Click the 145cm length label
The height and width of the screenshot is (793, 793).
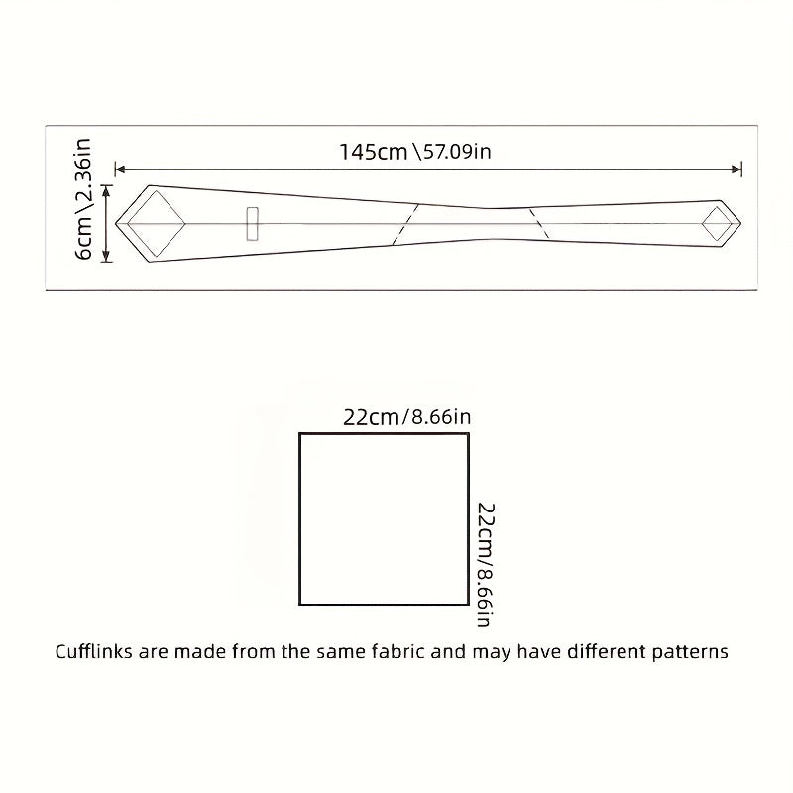(x=374, y=152)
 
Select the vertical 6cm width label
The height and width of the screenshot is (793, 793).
(x=83, y=238)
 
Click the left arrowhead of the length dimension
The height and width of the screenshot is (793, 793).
(x=120, y=170)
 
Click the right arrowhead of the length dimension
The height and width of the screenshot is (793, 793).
(x=736, y=170)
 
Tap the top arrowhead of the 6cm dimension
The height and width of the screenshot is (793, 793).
(x=106, y=190)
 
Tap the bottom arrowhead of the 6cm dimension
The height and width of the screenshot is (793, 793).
(x=106, y=257)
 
